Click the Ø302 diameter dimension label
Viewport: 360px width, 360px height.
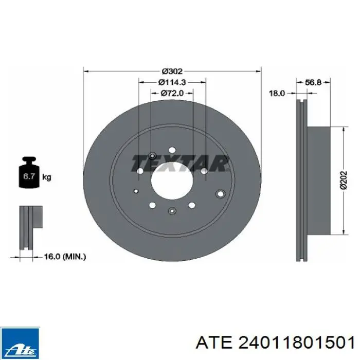click(172, 71)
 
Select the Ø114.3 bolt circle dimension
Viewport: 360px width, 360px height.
click(172, 82)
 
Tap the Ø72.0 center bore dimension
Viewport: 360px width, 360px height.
click(172, 93)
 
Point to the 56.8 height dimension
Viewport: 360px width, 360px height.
click(313, 82)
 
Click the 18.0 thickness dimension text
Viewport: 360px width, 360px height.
click(277, 94)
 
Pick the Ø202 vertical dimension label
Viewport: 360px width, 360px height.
click(344, 180)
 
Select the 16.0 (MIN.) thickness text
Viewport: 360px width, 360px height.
click(65, 257)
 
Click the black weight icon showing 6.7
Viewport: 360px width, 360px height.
click(29, 172)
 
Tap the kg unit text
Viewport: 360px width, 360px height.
click(47, 177)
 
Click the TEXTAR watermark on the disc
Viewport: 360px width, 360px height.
click(180, 164)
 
